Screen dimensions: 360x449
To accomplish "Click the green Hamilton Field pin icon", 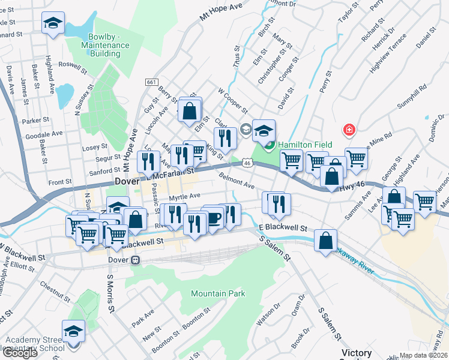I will (x=270, y=144).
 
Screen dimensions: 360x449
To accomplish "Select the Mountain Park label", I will (x=218, y=294).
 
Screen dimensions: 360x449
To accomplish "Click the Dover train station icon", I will (x=136, y=260).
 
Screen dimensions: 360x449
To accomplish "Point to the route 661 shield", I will (x=151, y=82).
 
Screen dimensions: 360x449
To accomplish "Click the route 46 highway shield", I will (x=247, y=162).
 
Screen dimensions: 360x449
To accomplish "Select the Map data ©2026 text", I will (x=423, y=355).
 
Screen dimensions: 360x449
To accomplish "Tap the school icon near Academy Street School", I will (x=73, y=331).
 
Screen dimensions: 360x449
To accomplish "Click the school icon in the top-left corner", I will (x=53, y=23).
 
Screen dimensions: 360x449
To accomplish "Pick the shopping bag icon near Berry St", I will (x=189, y=110).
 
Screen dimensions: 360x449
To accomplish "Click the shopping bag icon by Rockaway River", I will (x=325, y=241).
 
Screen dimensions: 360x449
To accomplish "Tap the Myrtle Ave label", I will (x=184, y=196).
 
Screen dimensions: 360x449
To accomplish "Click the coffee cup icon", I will (x=213, y=217).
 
